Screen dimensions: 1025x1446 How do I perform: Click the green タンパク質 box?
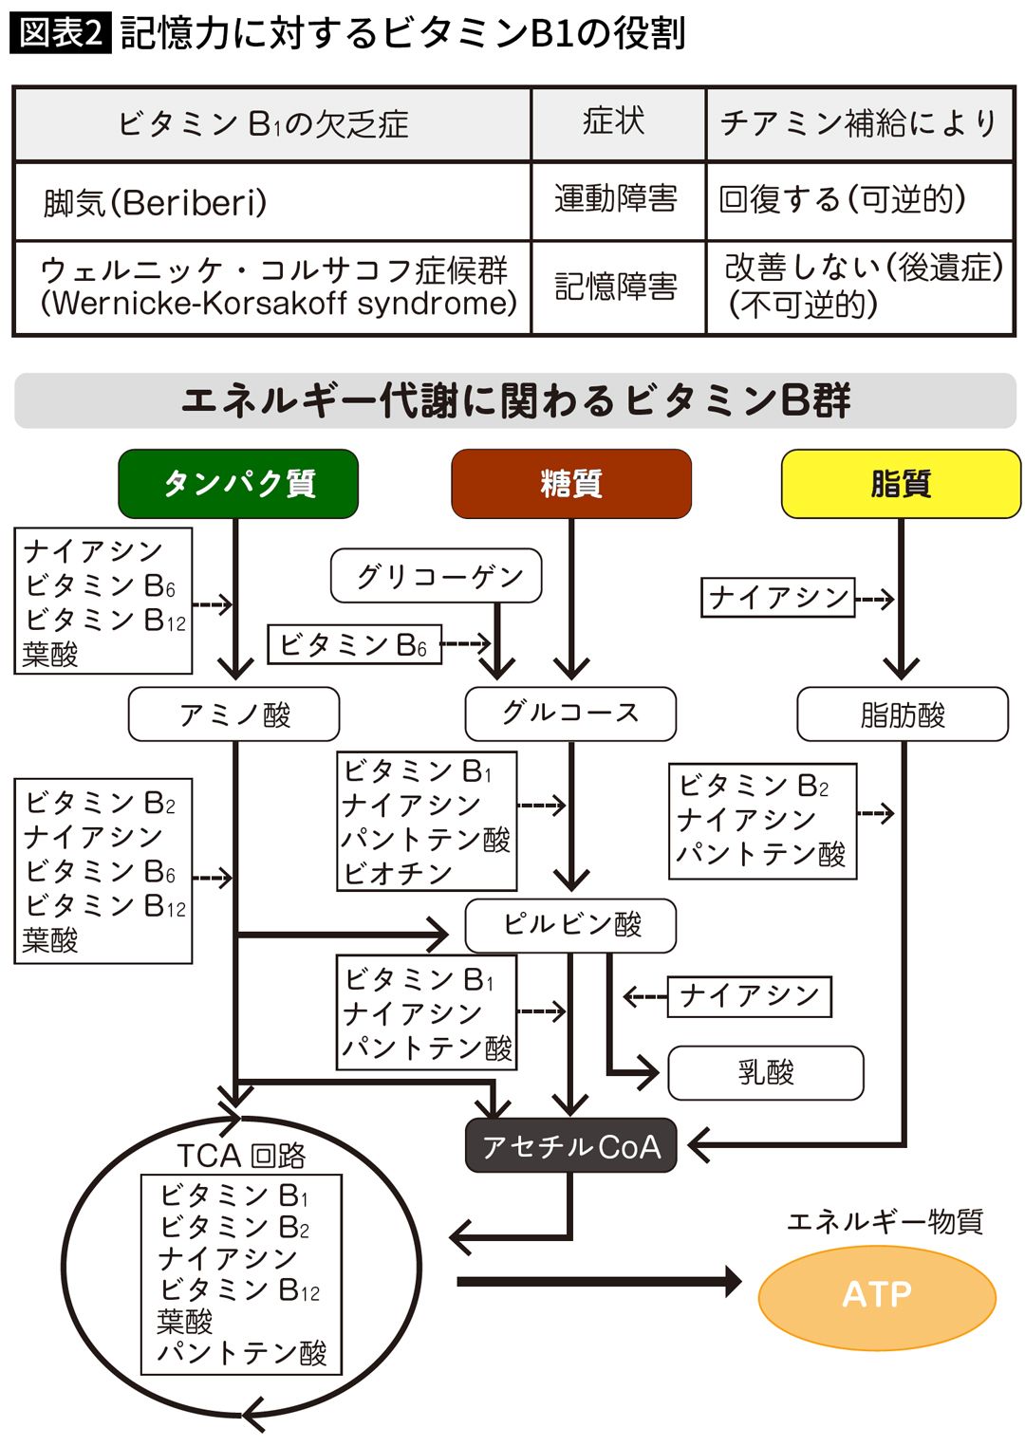pos(238,484)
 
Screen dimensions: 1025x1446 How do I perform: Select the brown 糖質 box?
pos(571,484)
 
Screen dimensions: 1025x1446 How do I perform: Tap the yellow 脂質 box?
pos(901,484)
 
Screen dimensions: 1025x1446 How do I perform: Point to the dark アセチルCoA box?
pos(571,1145)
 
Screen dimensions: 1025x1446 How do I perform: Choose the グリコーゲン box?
pos(436,576)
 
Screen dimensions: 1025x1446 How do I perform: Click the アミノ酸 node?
pos(233,714)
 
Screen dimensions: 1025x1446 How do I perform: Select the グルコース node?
pos(571,714)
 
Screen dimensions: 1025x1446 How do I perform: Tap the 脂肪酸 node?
pos(903,714)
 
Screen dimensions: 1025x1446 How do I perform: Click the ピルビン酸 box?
pos(571,925)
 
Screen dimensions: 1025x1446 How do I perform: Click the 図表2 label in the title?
pos(61,33)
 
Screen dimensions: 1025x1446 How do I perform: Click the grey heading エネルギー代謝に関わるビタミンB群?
pos(515,400)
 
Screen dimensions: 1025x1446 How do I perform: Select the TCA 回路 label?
pos(241,1156)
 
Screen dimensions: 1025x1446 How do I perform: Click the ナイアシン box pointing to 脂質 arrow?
pos(778,598)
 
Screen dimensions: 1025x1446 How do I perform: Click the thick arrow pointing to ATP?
pos(600,1282)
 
